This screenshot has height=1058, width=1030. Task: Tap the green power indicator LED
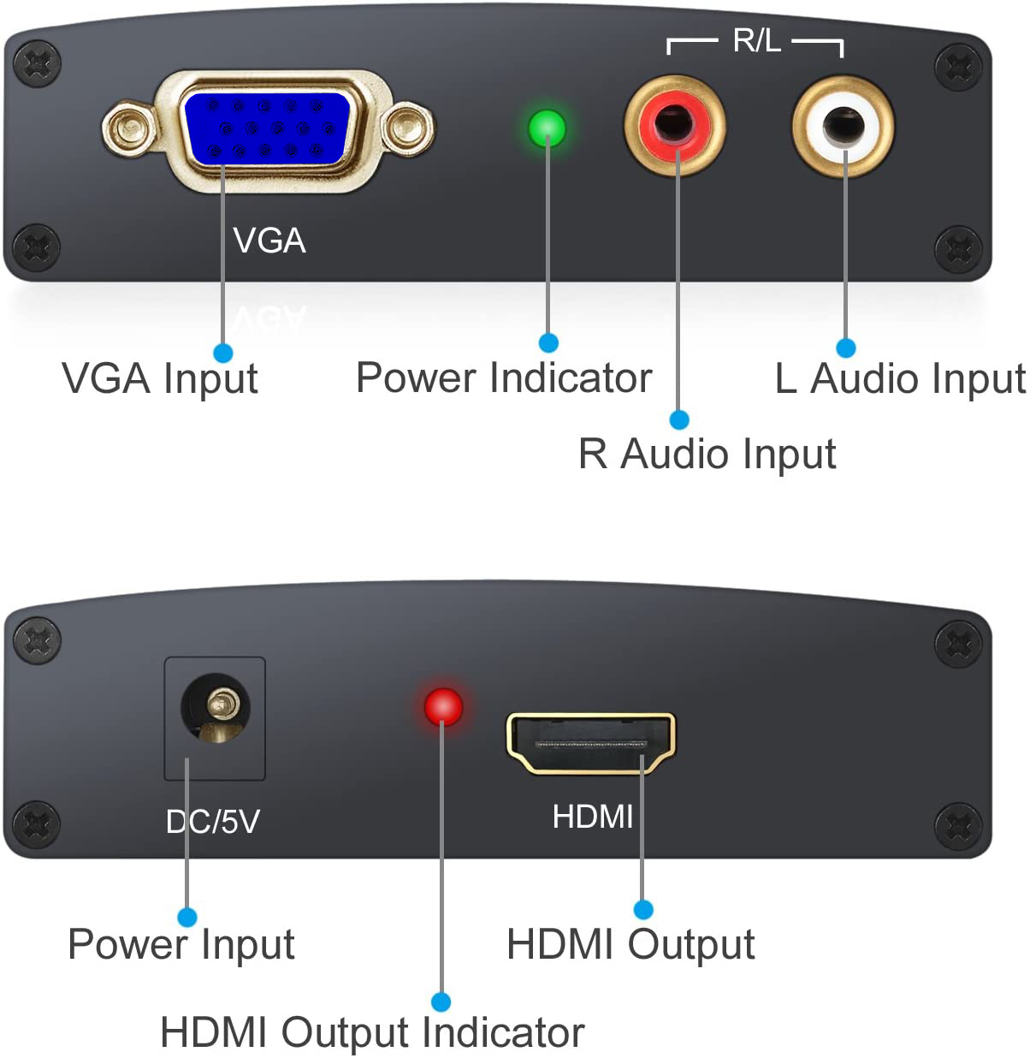(548, 128)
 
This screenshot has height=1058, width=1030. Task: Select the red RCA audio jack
(675, 125)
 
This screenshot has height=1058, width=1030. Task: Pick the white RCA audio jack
(844, 126)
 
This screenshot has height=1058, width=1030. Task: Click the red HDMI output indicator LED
(443, 706)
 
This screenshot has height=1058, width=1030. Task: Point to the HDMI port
(591, 742)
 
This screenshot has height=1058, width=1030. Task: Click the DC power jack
(216, 709)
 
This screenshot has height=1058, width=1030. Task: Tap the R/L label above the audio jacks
(756, 40)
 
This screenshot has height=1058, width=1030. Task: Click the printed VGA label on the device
(269, 241)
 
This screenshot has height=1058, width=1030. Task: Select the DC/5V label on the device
(213, 822)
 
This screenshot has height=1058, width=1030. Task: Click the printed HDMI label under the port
(593, 817)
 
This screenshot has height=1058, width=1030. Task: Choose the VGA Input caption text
(160, 379)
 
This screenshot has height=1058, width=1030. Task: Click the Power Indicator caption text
(504, 378)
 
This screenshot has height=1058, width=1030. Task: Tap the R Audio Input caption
(707, 454)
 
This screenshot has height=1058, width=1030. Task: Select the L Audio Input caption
(900, 379)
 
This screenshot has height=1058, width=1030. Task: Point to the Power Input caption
(181, 945)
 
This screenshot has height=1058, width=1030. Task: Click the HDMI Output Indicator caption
(372, 1032)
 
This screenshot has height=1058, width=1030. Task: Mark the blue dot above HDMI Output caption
(643, 909)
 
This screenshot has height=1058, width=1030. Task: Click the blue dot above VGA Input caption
(223, 352)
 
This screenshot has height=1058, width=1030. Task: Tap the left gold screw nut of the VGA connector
(128, 129)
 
